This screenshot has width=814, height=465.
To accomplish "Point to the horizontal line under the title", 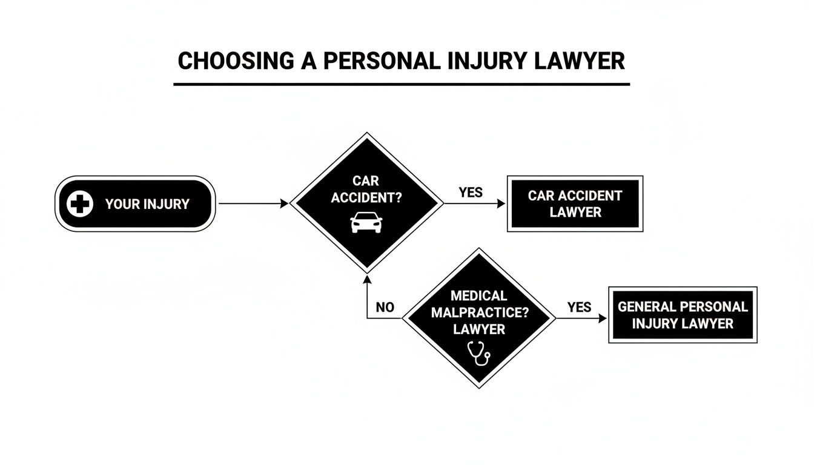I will click(x=402, y=84).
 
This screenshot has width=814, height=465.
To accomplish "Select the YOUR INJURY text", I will click(x=147, y=204).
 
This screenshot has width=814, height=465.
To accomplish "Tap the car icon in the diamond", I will click(x=366, y=222).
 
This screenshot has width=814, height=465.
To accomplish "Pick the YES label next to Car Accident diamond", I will click(x=471, y=193).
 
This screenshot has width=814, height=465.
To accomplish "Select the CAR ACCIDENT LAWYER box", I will click(x=574, y=204).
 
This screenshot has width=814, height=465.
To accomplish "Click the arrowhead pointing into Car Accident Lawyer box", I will click(x=501, y=204).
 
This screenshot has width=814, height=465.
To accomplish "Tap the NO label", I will click(x=385, y=307).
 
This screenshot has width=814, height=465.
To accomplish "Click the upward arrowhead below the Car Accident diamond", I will click(x=367, y=279).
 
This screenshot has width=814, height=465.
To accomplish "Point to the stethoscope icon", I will click(x=478, y=353).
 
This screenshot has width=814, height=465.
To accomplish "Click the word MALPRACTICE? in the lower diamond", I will click(x=478, y=312).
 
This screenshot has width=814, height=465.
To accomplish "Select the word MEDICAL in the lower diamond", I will click(x=478, y=296).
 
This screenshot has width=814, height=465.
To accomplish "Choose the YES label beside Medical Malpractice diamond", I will click(x=579, y=307).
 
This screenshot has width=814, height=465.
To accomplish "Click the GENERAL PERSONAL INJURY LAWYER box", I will click(x=683, y=315).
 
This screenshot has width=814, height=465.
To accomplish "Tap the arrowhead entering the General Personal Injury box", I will click(x=603, y=318).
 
